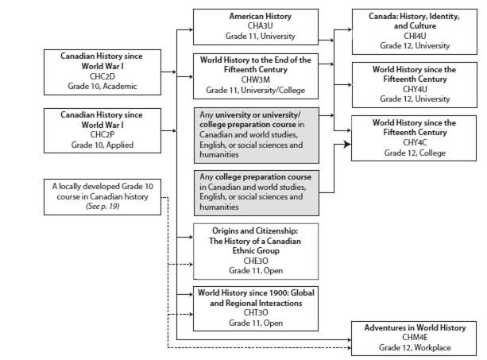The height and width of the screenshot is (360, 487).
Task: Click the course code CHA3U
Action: pyautogui.click(x=260, y=25)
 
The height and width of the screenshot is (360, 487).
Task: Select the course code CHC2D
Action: pyautogui.click(x=102, y=76)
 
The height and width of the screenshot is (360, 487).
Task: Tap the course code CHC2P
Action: pyautogui.click(x=102, y=135)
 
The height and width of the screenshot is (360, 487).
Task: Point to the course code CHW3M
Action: pyautogui.click(x=256, y=79)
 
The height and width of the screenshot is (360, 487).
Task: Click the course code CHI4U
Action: pyautogui.click(x=415, y=36)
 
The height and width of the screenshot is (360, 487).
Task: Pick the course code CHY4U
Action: pyautogui.click(x=415, y=89)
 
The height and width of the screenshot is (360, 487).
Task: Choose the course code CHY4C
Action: pyautogui.click(x=415, y=142)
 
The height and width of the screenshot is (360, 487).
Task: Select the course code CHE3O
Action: pyautogui.click(x=256, y=261)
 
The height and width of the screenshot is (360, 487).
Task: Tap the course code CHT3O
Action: pyautogui.click(x=256, y=313)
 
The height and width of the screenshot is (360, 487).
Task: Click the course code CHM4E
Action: pyautogui.click(x=415, y=337)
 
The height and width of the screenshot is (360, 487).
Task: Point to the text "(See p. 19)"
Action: pyautogui.click(x=102, y=207)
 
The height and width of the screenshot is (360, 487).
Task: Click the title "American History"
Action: pyautogui.click(x=261, y=16)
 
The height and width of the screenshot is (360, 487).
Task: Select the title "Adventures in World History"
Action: pyautogui.click(x=415, y=327)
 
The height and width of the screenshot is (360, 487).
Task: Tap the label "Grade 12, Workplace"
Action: pyautogui.click(x=415, y=347)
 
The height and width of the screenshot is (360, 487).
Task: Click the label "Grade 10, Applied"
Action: pyautogui.click(x=102, y=145)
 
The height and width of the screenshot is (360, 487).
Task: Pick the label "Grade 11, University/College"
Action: pyautogui.click(x=256, y=91)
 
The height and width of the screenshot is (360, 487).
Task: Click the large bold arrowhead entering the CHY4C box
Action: pyautogui.click(x=347, y=144)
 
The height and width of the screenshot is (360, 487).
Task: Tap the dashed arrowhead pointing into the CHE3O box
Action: pyautogui.click(x=191, y=265)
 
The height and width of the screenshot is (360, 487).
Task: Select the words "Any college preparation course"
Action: pyautogui.click(x=255, y=177)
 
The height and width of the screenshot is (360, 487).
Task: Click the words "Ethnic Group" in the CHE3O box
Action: pyautogui.click(x=256, y=250)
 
